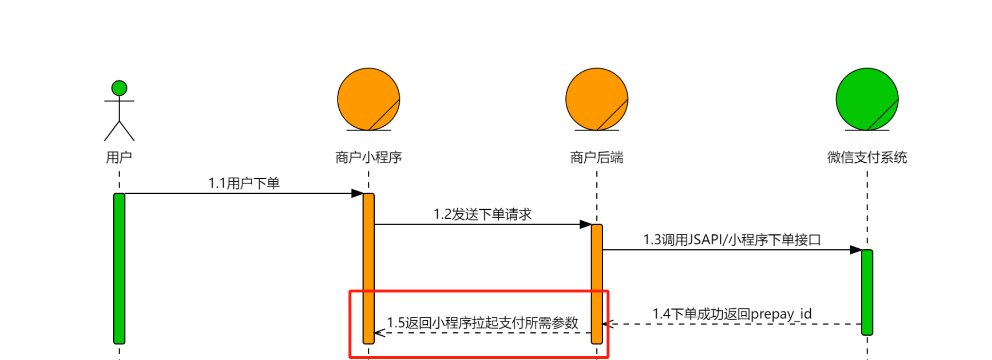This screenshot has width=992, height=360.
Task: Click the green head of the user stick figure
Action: click(119, 88)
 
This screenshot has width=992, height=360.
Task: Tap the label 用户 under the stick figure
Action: click(119, 157)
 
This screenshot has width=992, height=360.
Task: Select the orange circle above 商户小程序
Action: click(368, 99)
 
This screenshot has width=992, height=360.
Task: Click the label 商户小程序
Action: click(368, 157)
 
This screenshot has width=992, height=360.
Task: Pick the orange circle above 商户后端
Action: click(596, 99)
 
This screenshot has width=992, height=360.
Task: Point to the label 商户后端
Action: click(596, 157)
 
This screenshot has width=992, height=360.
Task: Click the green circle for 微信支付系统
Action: click(867, 99)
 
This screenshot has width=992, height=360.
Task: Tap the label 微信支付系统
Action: click(867, 157)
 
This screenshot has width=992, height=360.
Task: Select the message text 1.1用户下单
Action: click(244, 183)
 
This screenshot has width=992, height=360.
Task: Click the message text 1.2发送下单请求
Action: click(482, 214)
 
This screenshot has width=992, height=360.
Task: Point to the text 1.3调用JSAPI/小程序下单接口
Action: click(731, 240)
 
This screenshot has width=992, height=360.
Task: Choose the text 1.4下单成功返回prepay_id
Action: click(731, 314)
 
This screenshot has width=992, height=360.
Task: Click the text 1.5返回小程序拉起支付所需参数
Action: click(482, 323)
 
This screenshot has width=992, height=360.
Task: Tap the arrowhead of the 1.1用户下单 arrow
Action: click(358, 193)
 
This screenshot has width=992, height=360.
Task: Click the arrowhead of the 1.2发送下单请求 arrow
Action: click(586, 224)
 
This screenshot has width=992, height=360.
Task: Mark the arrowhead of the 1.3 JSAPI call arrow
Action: click(856, 250)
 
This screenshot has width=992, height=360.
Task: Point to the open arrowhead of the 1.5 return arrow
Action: click(380, 333)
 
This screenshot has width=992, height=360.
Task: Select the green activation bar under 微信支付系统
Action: click(867, 292)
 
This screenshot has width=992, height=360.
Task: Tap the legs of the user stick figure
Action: click(119, 131)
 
